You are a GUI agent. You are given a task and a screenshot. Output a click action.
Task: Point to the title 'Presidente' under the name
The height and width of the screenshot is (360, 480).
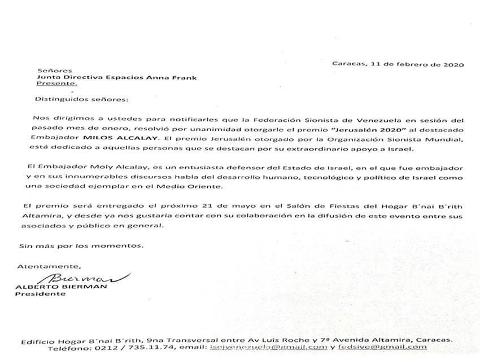45,294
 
